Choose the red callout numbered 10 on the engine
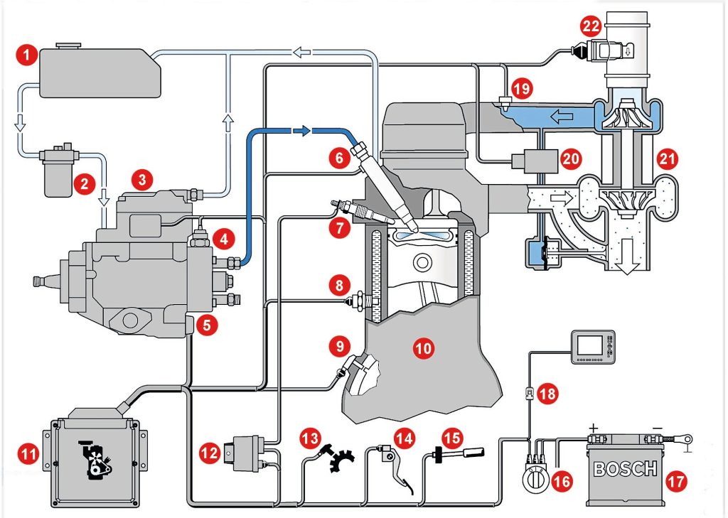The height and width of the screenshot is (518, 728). (424, 347)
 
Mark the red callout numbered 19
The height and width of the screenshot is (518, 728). (524, 88)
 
